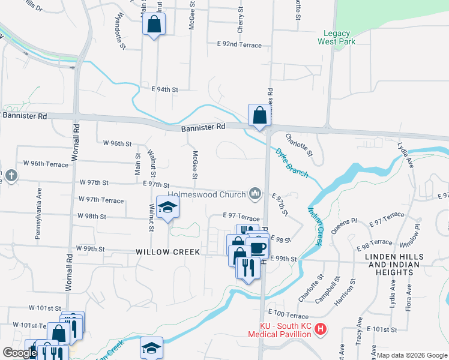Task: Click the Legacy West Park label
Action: point(340,37)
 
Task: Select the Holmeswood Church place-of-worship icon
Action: point(256,193)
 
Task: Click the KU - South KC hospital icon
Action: point(321,329)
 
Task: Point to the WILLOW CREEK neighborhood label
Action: point(167,252)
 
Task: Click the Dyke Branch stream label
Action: point(292,163)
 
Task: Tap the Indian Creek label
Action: point(315,226)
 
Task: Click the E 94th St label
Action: point(165,89)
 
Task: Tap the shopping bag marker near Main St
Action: point(154,25)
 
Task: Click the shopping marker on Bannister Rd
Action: point(259,114)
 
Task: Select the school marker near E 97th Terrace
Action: point(168,207)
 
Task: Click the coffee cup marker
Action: point(258,247)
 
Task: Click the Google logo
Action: point(20,353)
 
